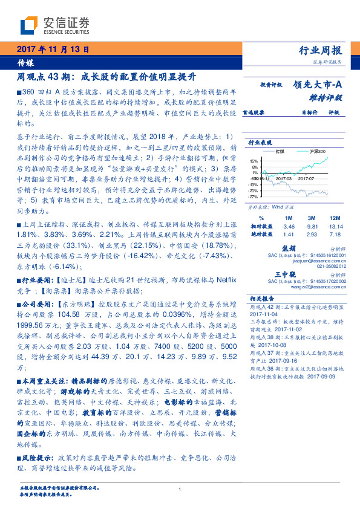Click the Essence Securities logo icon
(x=31, y=25)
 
